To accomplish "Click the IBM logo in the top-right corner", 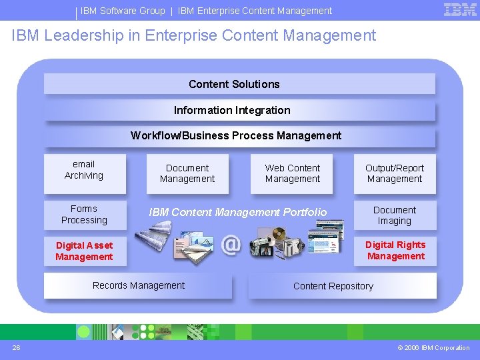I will click(460, 9).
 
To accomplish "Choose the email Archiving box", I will click(84, 170).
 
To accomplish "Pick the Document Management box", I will click(187, 173).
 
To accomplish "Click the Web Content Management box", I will click(293, 173).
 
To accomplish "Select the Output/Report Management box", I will click(395, 173).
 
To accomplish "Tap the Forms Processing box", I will click(84, 215).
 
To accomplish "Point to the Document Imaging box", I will click(395, 215).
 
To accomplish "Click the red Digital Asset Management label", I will click(84, 251).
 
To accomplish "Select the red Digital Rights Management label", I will click(395, 251).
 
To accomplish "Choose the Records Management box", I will click(139, 286).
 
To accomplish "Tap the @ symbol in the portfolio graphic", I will click(231, 244).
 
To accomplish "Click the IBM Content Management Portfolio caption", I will click(238, 212).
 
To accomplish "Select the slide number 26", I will click(16, 347).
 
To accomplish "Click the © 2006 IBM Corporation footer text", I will click(433, 348).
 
